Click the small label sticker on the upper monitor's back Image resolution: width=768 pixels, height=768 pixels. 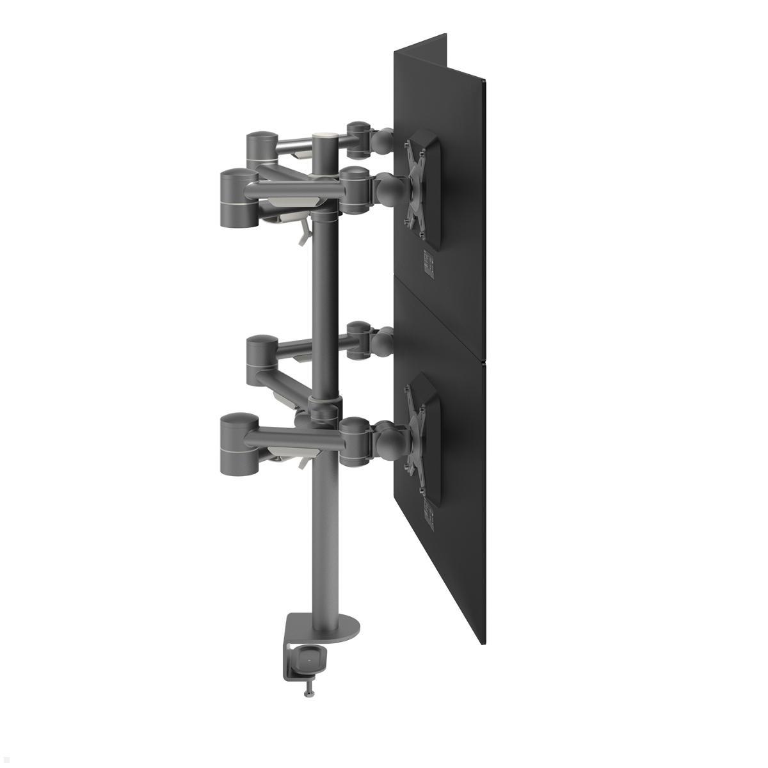pyautogui.click(x=428, y=262)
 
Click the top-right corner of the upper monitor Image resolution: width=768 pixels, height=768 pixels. pyautogui.click(x=486, y=80)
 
